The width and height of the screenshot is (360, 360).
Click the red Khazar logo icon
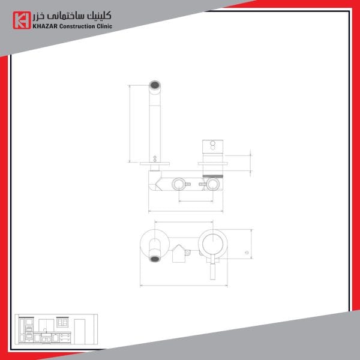point(22,20)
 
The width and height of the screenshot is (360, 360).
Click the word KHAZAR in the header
point(45,26)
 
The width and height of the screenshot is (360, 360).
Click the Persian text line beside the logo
point(72,16)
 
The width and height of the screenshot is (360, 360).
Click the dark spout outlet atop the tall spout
point(155,85)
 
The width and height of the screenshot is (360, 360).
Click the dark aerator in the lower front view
point(155,259)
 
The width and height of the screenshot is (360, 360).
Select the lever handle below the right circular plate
point(213,271)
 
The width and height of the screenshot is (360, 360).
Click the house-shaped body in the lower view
point(179,253)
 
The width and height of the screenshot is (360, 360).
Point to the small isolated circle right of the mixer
point(247,253)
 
